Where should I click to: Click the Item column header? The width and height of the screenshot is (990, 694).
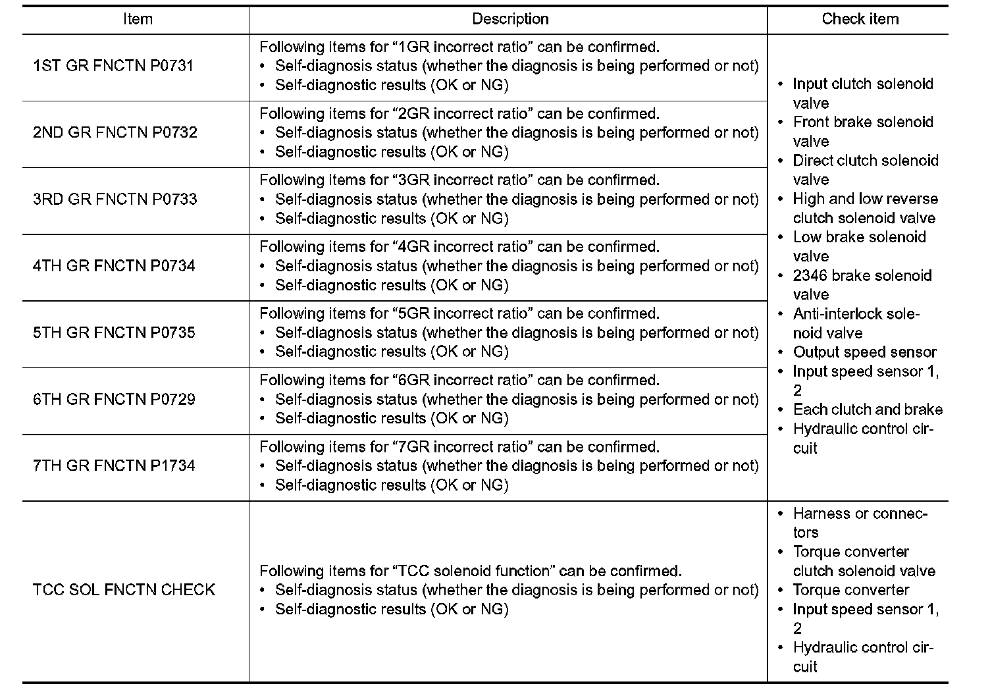138,19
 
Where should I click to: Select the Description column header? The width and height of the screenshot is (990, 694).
510,19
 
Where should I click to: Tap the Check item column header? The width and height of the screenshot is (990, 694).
860,19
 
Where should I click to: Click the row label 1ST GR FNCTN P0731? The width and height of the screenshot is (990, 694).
113,66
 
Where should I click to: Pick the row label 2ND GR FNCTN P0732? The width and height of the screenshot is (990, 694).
115,132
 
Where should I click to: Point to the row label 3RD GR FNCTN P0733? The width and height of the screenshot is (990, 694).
115,199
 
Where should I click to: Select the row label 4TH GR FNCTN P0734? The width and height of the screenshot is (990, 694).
114,266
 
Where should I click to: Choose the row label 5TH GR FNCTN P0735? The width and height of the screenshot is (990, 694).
114,333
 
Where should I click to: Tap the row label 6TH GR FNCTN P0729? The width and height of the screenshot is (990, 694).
114,399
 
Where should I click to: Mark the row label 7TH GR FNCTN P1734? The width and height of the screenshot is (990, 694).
114,466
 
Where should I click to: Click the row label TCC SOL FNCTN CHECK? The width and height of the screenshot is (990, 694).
124,589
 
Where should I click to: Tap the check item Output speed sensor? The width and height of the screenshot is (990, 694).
864,352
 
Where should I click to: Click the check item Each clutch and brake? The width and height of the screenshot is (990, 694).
868,410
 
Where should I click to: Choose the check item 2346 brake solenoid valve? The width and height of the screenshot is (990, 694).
862,284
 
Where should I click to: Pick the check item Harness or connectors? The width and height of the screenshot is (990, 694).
860,522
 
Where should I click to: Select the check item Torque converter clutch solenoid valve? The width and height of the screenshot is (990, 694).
864,561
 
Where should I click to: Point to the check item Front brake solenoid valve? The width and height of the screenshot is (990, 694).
862,131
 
